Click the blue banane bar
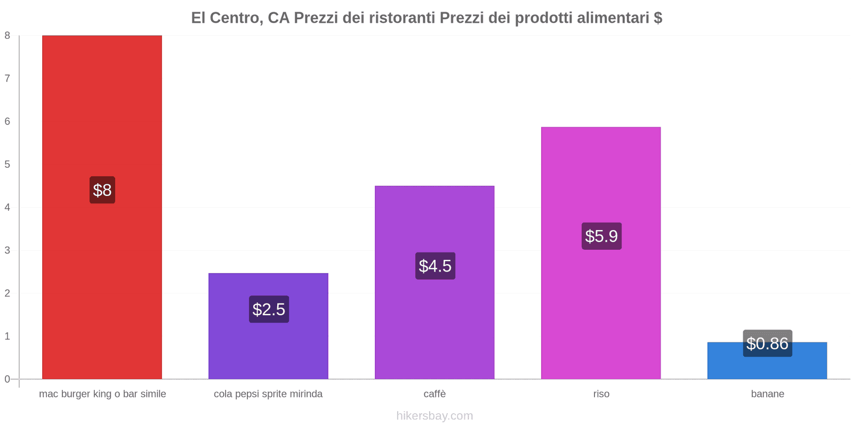click(x=767, y=367)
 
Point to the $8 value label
click(x=102, y=190)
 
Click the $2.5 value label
click(x=269, y=309)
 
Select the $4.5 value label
click(x=435, y=266)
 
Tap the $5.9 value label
click(x=601, y=236)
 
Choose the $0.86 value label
click(x=767, y=343)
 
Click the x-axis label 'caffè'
click(x=434, y=394)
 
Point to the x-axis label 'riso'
click(x=601, y=394)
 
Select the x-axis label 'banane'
click(x=767, y=394)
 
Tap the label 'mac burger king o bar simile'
click(x=102, y=394)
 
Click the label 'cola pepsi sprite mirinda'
click(x=268, y=394)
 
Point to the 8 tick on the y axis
click(x=7, y=36)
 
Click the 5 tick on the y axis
click(x=7, y=165)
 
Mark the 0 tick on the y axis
click(x=7, y=379)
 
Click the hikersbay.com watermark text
click(x=434, y=416)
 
